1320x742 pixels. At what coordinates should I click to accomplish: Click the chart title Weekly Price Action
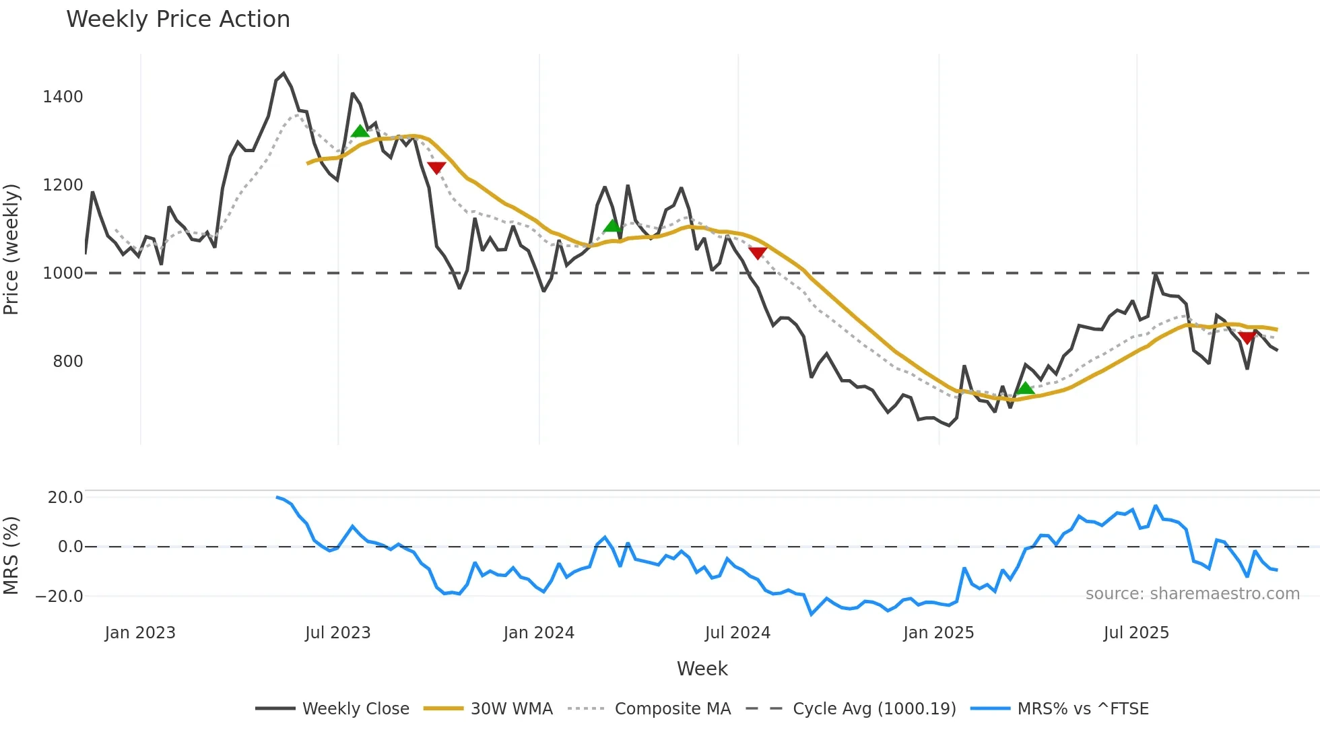[x=178, y=20]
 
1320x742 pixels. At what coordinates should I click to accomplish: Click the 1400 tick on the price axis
[x=63, y=97]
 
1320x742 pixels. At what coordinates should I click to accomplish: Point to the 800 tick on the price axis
[x=68, y=362]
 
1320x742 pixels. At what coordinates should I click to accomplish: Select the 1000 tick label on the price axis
[x=63, y=273]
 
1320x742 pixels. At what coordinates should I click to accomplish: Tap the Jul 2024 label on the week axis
[x=737, y=633]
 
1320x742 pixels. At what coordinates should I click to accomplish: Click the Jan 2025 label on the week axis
[x=938, y=633]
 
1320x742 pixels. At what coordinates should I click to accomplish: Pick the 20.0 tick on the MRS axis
[x=65, y=498]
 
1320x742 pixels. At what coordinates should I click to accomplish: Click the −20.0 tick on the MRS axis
[x=59, y=597]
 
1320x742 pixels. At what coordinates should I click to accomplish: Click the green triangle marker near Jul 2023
[x=360, y=131]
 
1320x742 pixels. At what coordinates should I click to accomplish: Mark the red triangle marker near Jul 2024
[x=758, y=253]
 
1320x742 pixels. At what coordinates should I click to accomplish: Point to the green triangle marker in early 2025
[x=1025, y=389]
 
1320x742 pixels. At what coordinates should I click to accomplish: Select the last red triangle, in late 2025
[x=1247, y=338]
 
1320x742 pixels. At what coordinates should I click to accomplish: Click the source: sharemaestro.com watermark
[x=1192, y=594]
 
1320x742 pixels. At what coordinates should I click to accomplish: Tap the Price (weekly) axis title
[x=11, y=249]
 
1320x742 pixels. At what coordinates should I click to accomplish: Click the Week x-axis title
[x=702, y=669]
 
